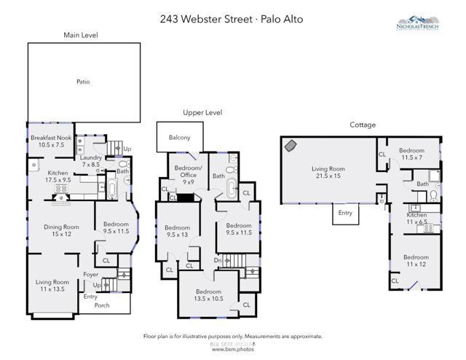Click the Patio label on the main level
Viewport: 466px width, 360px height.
83,82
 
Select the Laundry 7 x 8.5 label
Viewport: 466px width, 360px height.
90,161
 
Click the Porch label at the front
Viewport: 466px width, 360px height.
102,305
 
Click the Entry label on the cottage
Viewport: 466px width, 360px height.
344,213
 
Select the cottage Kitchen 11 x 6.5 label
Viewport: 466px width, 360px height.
416,218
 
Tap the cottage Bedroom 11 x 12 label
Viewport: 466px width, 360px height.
416,260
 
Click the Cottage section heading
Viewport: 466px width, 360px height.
363,125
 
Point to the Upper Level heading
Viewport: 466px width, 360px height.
202,113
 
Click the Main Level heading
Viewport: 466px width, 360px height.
80,35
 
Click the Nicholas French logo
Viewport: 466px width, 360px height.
427,24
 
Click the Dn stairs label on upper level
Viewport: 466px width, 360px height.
217,260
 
